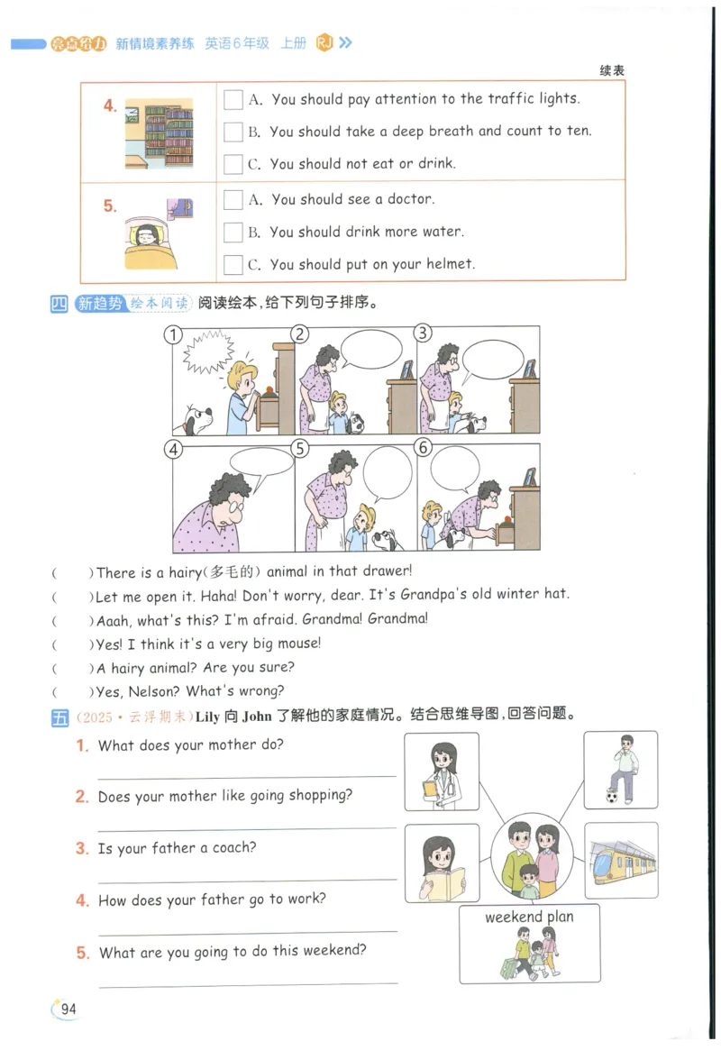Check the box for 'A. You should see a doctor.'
233,200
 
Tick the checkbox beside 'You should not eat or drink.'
233,164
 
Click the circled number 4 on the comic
173,449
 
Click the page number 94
68,1009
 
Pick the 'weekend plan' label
529,917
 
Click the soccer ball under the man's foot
612,797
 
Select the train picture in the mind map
621,860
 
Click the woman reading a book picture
442,863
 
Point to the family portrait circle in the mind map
532,856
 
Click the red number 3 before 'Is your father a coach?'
82,848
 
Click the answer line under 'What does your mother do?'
246,775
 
